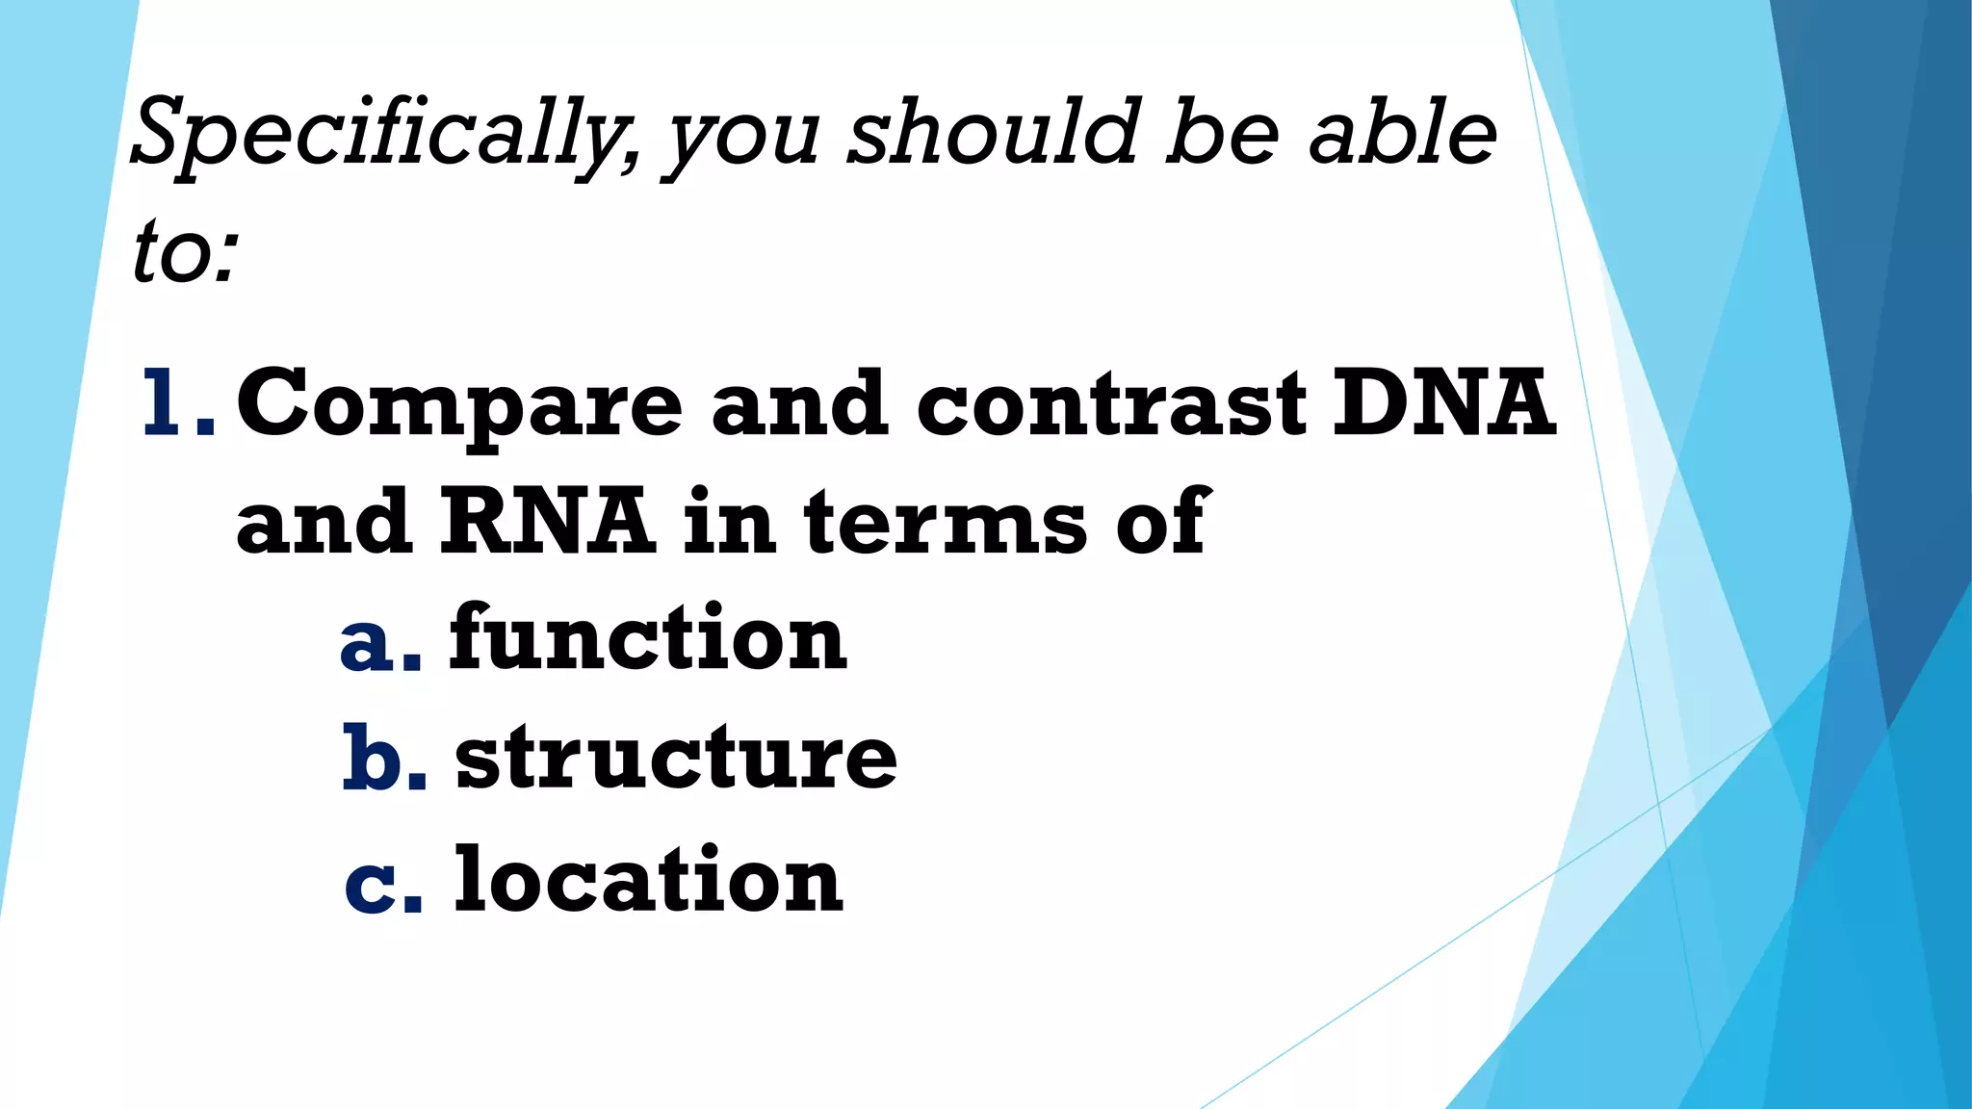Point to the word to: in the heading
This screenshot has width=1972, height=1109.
(185, 252)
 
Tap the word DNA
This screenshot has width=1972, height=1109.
(1444, 402)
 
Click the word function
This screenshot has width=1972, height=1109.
(648, 637)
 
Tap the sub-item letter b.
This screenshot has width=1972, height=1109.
(383, 759)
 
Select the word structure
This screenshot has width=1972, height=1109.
(676, 758)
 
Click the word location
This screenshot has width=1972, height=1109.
(648, 878)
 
